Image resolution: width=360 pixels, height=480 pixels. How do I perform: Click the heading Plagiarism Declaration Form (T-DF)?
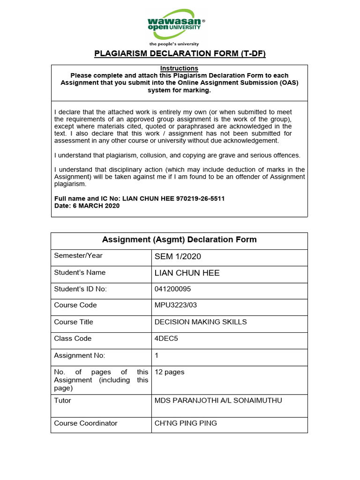180,53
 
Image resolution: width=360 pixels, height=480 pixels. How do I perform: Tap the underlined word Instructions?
179,68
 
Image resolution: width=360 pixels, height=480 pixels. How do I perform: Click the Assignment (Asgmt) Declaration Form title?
179,240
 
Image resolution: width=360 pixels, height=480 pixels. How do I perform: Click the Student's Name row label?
80,272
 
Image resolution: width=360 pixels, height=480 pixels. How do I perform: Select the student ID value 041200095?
172,289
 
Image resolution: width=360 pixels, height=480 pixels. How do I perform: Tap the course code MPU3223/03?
176,305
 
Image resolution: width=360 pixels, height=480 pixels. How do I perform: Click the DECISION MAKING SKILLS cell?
200,322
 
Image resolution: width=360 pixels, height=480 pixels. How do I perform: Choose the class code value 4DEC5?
165,338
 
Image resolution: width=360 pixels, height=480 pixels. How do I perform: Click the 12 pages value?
169,372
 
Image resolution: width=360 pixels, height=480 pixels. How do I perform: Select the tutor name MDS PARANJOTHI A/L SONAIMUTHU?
218,401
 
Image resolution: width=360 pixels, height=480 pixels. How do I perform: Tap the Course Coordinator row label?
85,423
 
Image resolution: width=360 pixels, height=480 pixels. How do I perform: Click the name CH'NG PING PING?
186,423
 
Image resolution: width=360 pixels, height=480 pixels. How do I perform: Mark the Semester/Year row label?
78,255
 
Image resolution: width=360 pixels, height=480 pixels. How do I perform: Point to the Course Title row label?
74,322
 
